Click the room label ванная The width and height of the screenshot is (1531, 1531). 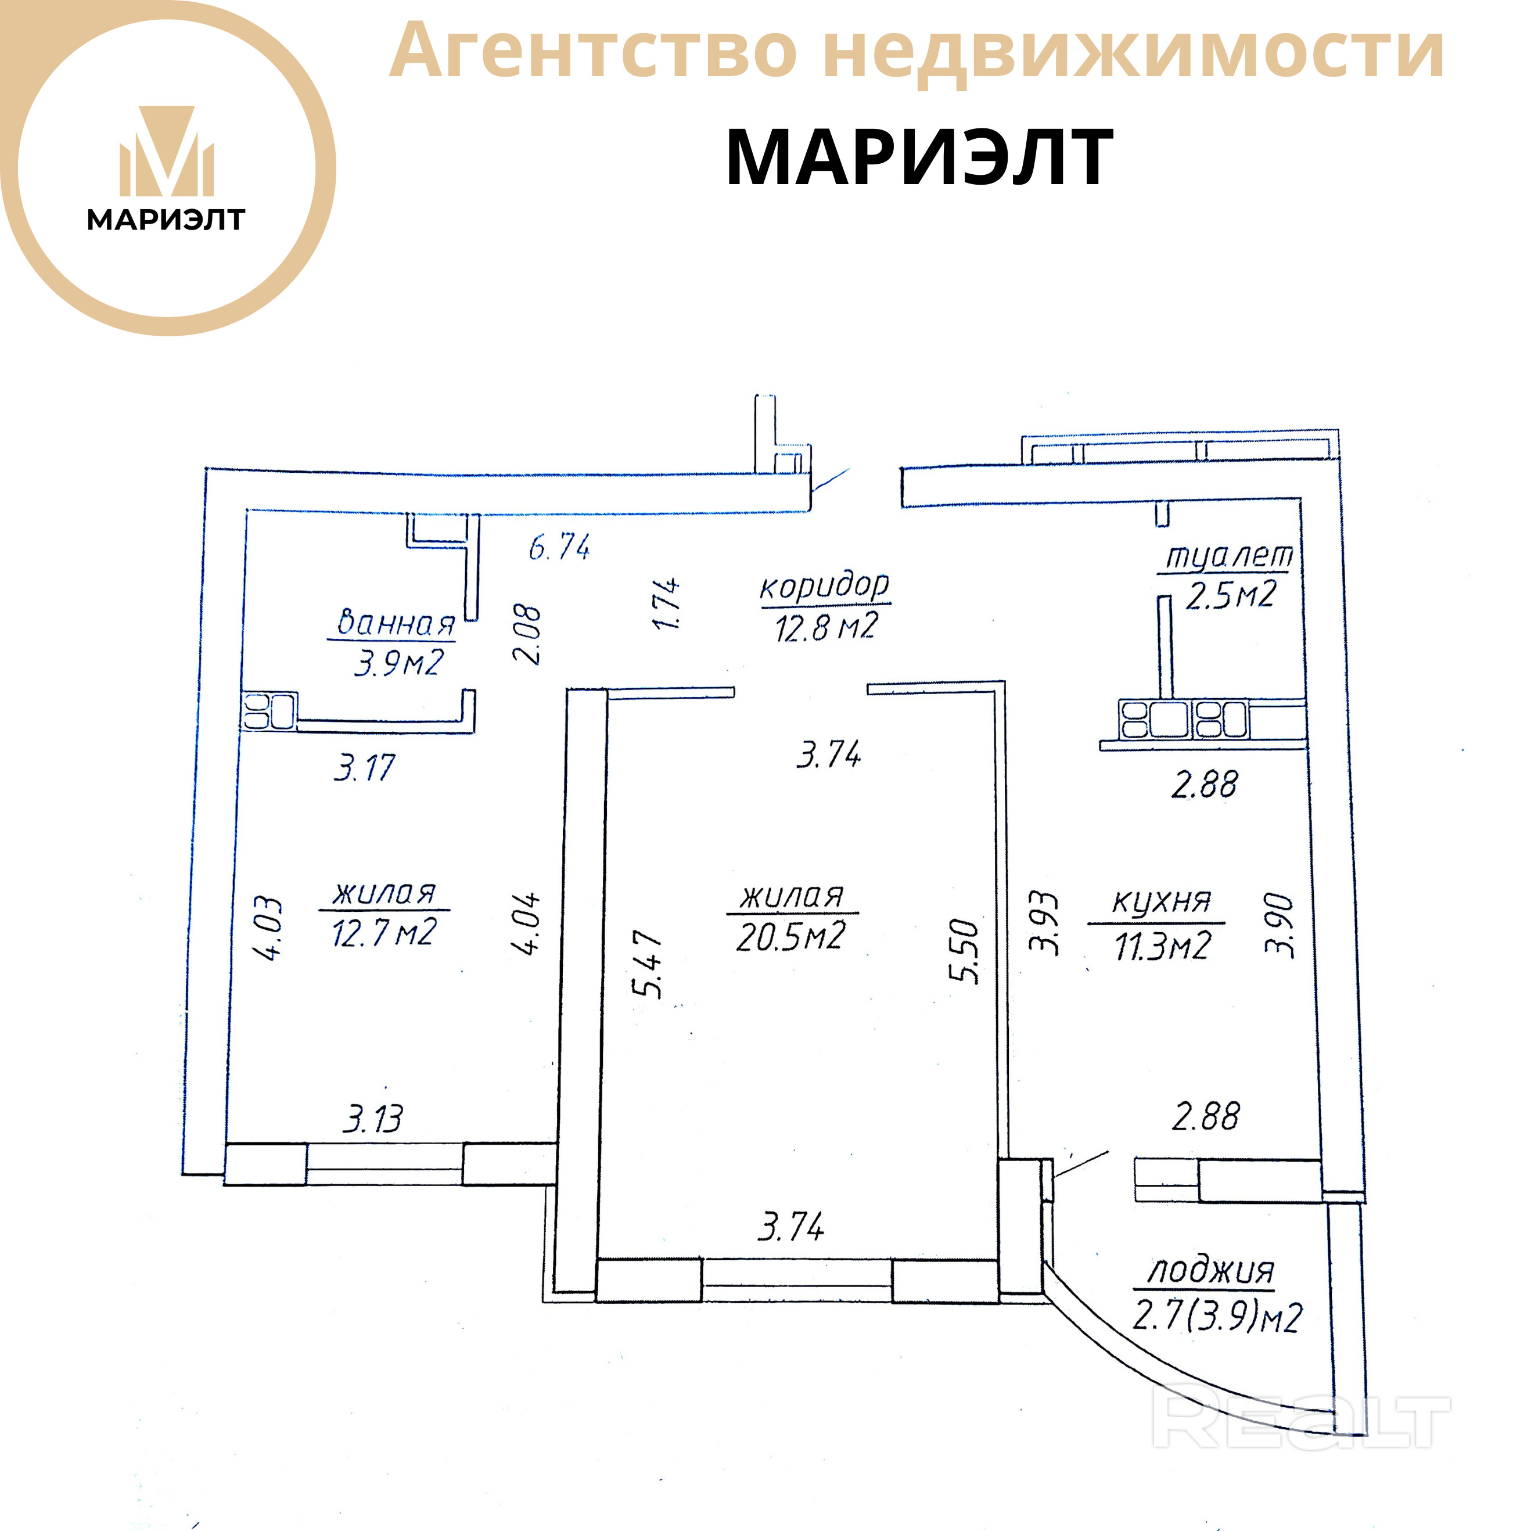[396, 624]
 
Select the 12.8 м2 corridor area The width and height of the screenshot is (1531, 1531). [826, 627]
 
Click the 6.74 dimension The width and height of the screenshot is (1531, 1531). [559, 547]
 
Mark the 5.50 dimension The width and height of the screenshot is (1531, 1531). [964, 951]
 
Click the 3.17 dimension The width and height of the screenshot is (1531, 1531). [364, 768]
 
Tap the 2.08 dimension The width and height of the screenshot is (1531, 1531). [526, 634]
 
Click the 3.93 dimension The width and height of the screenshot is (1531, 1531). [1044, 924]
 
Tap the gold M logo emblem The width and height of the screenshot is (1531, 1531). [167, 152]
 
